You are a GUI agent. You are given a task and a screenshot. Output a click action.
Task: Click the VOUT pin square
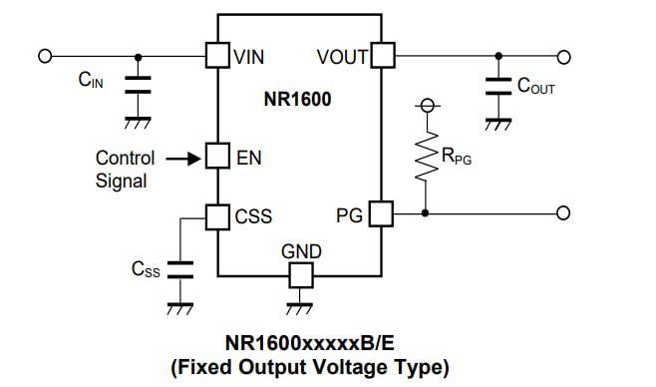click(382, 55)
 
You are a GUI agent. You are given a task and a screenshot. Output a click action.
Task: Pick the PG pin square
click(382, 213)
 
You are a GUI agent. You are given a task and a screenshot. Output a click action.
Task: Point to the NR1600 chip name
click(298, 100)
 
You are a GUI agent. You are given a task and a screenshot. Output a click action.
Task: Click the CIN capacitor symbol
click(138, 86)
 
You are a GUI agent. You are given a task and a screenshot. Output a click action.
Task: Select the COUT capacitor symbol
click(493, 86)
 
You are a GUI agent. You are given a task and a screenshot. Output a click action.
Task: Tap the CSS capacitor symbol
click(179, 268)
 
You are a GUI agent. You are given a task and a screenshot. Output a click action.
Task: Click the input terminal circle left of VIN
click(45, 55)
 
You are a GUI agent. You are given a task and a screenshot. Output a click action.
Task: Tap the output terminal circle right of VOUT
click(563, 55)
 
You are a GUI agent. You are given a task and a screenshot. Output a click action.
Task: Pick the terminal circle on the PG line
click(563, 213)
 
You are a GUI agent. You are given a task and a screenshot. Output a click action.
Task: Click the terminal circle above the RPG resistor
click(427, 106)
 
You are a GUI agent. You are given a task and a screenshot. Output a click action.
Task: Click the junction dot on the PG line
click(427, 213)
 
